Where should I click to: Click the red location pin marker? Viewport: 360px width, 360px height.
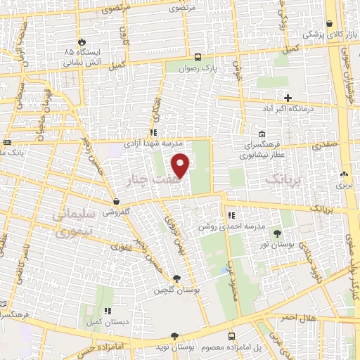[181, 165]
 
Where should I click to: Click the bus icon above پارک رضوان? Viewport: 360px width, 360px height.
[198, 58]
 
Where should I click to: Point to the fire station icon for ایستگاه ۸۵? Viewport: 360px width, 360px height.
[82, 41]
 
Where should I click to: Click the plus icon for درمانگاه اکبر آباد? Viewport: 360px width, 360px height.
[287, 97]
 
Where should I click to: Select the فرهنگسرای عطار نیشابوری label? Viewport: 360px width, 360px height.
[262, 148]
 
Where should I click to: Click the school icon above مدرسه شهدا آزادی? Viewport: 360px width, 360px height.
[153, 131]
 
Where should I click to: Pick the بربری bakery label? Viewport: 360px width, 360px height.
[343, 186]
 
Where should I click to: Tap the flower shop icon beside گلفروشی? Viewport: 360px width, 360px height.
[107, 200]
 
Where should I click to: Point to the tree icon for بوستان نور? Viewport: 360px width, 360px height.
[277, 232]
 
